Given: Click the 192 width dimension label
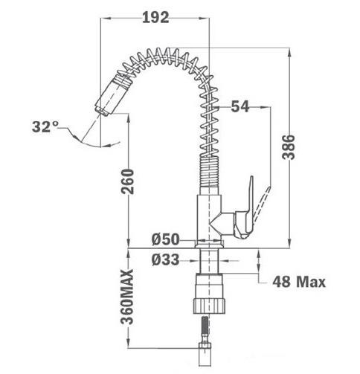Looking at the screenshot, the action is (x=155, y=18).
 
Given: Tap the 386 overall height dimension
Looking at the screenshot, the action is (x=289, y=147).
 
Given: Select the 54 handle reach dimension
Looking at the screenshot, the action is (x=240, y=107).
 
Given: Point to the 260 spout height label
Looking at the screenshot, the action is (x=127, y=181).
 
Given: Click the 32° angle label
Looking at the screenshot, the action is (x=45, y=126).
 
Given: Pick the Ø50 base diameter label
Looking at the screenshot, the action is (x=165, y=239).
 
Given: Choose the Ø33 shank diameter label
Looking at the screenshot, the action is (x=165, y=259).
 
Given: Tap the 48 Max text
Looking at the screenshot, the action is (x=299, y=282).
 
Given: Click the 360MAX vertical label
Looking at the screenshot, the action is (x=127, y=297).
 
